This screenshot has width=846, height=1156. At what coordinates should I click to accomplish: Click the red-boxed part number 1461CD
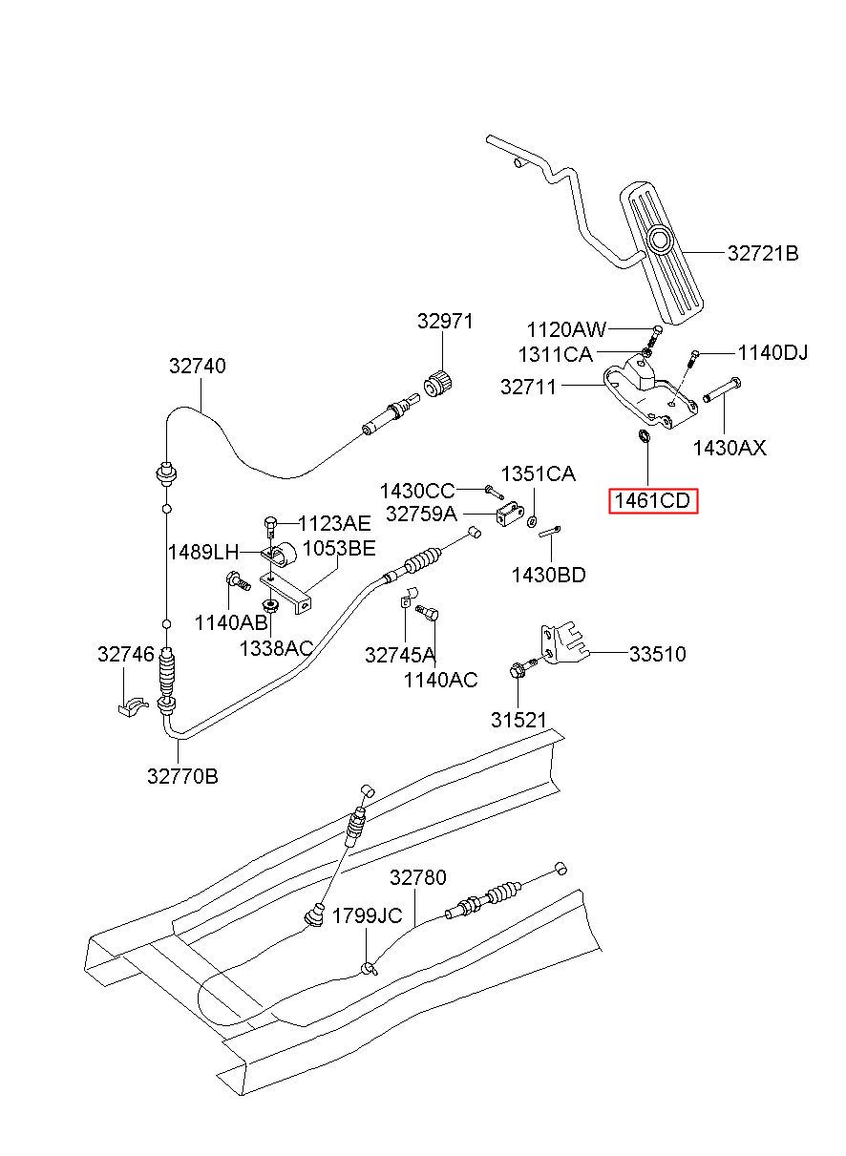pyautogui.click(x=652, y=500)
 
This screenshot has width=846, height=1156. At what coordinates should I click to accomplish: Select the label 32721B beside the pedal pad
pyautogui.click(x=763, y=253)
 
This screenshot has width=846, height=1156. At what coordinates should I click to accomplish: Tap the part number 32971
pyautogui.click(x=445, y=322)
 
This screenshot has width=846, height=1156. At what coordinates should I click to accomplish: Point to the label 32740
pyautogui.click(x=197, y=366)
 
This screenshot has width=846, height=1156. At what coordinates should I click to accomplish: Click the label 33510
pyautogui.click(x=658, y=654)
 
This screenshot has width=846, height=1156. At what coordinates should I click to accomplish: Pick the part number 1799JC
pyautogui.click(x=367, y=916)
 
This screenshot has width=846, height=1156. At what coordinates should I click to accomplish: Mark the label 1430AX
pyautogui.click(x=730, y=448)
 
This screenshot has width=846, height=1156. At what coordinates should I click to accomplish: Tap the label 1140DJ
pyautogui.click(x=772, y=353)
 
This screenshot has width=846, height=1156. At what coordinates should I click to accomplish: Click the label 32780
pyautogui.click(x=417, y=877)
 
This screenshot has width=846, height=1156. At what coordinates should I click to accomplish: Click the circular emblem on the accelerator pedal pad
pyautogui.click(x=660, y=240)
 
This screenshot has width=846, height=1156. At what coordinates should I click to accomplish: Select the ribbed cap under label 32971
pyautogui.click(x=438, y=384)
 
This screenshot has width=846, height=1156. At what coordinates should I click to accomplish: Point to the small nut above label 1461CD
pyautogui.click(x=643, y=435)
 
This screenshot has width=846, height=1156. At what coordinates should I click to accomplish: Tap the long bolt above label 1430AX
pyautogui.click(x=722, y=390)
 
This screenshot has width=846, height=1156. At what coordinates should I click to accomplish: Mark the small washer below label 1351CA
pyautogui.click(x=531, y=520)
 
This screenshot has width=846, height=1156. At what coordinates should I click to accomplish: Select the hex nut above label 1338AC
pyautogui.click(x=270, y=605)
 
